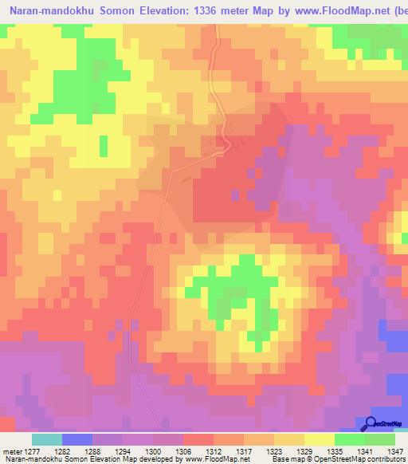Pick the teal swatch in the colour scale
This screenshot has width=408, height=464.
47,439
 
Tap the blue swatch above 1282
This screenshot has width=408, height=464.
77,439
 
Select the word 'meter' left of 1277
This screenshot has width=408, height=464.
12,450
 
